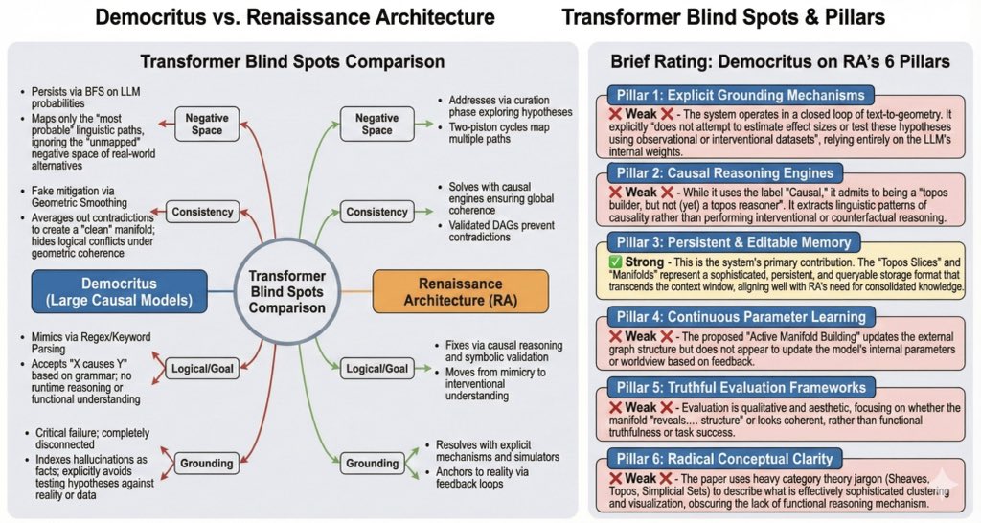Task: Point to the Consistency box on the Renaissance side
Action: point(377,211)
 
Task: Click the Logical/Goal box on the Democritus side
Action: point(205,368)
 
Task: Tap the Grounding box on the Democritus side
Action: point(205,464)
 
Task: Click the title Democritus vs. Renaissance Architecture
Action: point(294,18)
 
